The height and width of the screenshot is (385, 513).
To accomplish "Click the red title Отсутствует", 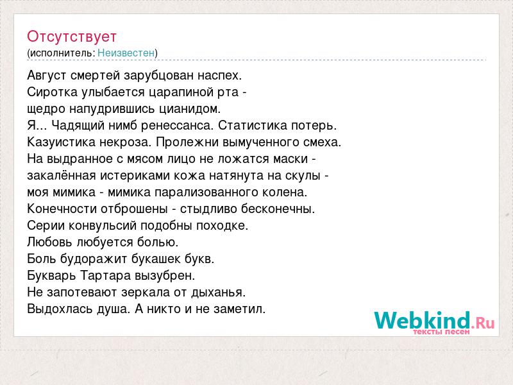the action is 72,37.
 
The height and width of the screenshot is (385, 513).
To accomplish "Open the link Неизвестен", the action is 126,53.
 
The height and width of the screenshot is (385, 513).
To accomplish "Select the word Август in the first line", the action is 47,76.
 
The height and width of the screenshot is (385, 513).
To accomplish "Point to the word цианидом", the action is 190,109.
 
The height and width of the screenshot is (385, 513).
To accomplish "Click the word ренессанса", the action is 177,126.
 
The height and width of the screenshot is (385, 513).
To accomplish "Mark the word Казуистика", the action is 62,142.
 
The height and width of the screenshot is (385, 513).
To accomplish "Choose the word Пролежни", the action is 187,142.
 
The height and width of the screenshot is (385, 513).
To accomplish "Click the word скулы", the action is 303,176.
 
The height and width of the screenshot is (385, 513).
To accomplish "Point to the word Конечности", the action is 62,209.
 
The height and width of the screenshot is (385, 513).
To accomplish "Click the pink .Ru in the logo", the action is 483,323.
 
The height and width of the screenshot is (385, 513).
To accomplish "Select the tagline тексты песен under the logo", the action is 441,332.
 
